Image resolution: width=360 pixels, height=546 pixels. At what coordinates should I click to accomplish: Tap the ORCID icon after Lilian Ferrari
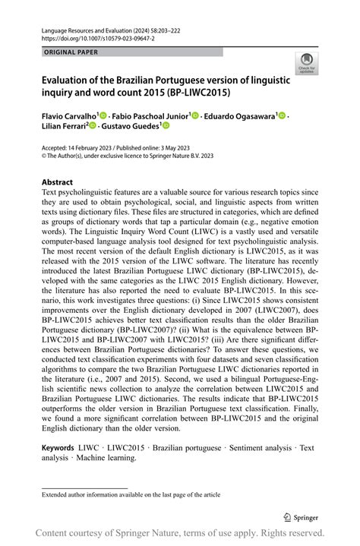point(93,126)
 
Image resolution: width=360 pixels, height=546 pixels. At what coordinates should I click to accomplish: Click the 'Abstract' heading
point(58,182)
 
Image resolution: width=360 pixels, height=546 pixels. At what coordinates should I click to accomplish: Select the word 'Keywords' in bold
point(58,448)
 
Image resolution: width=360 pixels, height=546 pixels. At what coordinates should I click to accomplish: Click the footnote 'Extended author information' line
point(131,494)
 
